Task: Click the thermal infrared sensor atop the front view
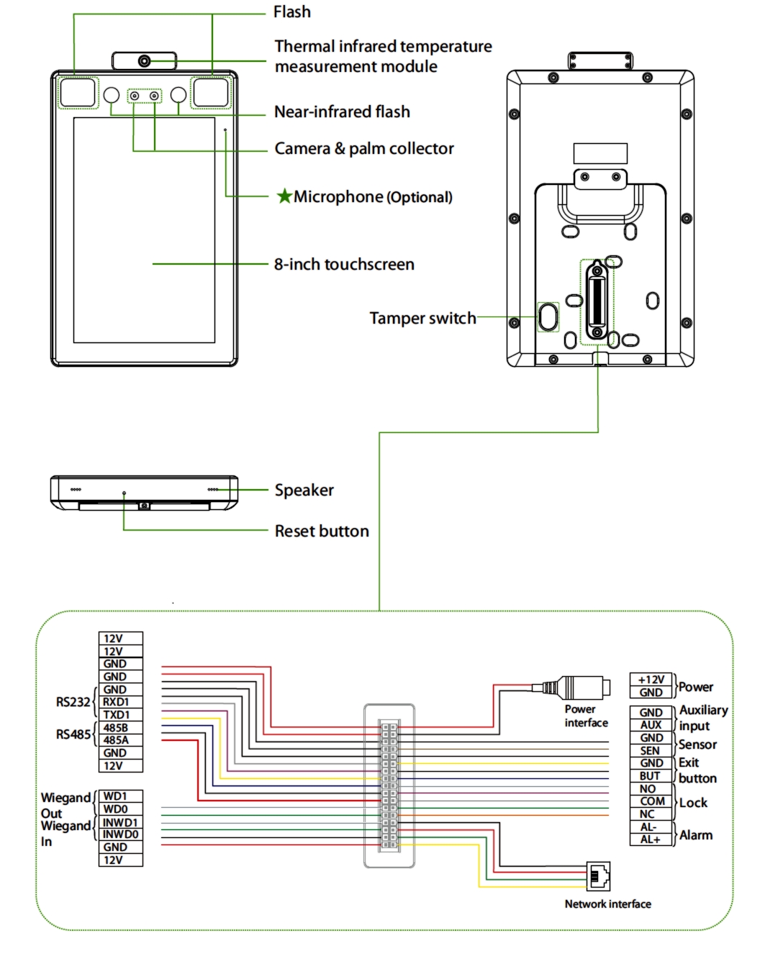click(145, 61)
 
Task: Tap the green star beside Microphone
click(284, 196)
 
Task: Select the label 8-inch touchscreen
click(344, 265)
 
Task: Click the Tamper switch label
click(422, 318)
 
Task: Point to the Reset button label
click(322, 531)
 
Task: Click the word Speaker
click(304, 490)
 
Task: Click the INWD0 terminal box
click(120, 834)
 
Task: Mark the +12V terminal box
click(651, 680)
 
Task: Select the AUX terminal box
click(651, 725)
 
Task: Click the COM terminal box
click(652, 801)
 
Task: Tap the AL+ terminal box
click(651, 839)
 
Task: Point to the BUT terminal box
click(651, 776)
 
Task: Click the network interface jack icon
click(599, 875)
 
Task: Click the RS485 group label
click(73, 734)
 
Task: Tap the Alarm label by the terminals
click(696, 835)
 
